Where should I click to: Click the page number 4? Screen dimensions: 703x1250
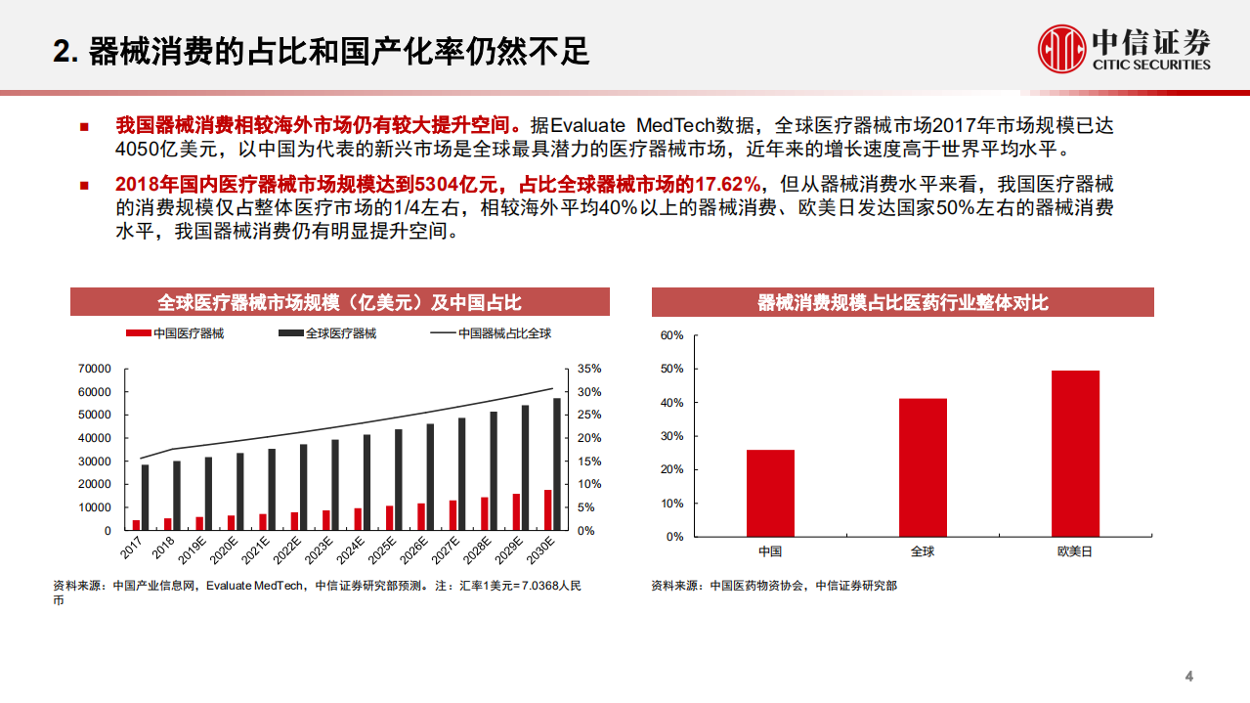1189,677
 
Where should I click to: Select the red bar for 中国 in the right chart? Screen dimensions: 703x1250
770,493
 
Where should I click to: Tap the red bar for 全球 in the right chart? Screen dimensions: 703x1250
923,467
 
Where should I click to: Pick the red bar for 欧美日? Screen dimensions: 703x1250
1075,453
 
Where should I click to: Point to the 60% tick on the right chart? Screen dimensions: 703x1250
671,335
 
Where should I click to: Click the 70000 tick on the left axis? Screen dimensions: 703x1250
95,369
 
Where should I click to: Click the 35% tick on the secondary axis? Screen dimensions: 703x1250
589,369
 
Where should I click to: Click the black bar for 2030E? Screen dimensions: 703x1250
557,463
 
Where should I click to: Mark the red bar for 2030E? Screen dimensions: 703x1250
547,509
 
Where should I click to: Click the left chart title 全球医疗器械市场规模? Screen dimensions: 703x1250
339,302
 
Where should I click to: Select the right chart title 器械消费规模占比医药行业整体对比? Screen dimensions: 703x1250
902,302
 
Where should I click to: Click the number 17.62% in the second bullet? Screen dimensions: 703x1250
726,184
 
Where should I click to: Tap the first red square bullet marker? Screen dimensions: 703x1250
84,127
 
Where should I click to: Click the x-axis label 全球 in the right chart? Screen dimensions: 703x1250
923,551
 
